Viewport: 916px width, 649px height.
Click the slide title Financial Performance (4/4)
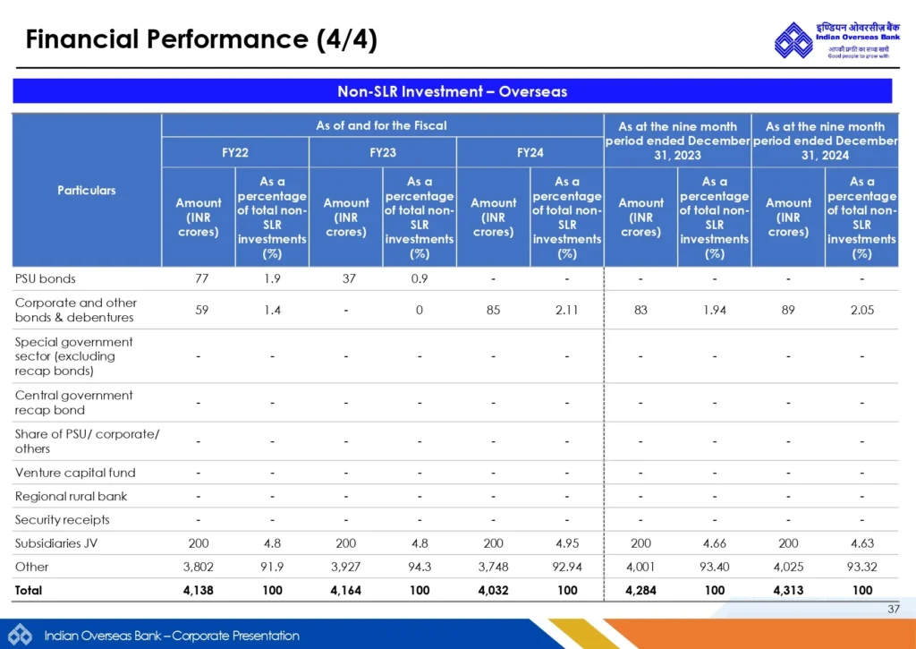(201, 39)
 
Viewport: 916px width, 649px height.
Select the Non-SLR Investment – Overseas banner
(452, 91)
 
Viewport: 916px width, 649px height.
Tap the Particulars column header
(87, 190)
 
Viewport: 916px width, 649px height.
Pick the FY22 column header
(235, 152)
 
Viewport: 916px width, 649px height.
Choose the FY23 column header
(383, 152)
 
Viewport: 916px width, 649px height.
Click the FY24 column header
(530, 152)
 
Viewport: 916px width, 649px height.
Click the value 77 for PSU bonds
(199, 278)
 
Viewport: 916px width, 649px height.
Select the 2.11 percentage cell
(567, 310)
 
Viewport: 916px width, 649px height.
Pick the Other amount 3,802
(199, 567)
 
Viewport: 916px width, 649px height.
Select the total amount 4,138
(199, 590)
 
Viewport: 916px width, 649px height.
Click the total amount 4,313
(788, 590)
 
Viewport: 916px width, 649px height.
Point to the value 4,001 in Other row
(640, 567)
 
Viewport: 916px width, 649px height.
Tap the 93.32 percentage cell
(861, 567)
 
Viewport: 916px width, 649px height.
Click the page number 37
(893, 610)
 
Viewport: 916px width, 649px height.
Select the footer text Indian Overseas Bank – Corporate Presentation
(172, 636)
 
